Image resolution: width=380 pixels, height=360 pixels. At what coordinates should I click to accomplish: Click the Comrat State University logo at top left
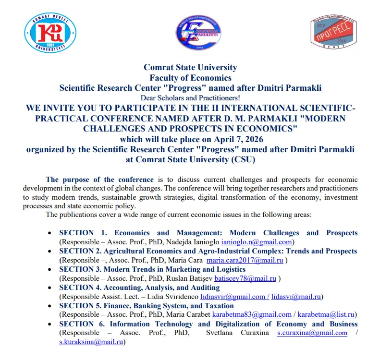pyautogui.click(x=50, y=33)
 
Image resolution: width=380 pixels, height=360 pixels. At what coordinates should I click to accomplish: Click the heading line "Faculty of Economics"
pyautogui.click(x=190, y=77)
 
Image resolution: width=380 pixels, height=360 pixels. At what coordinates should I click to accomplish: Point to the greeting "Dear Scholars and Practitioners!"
pyautogui.click(x=190, y=97)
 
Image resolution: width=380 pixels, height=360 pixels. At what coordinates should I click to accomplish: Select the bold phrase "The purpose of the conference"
pyautogui.click(x=100, y=180)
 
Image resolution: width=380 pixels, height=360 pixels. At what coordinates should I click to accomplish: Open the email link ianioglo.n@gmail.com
pyautogui.click(x=257, y=242)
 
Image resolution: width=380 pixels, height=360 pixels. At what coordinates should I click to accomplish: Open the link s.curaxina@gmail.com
pyautogui.click(x=312, y=333)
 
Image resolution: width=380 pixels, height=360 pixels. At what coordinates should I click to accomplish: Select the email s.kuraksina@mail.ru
pyautogui.click(x=91, y=342)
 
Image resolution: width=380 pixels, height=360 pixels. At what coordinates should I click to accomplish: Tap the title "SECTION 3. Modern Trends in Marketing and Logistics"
pyautogui.click(x=152, y=269)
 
